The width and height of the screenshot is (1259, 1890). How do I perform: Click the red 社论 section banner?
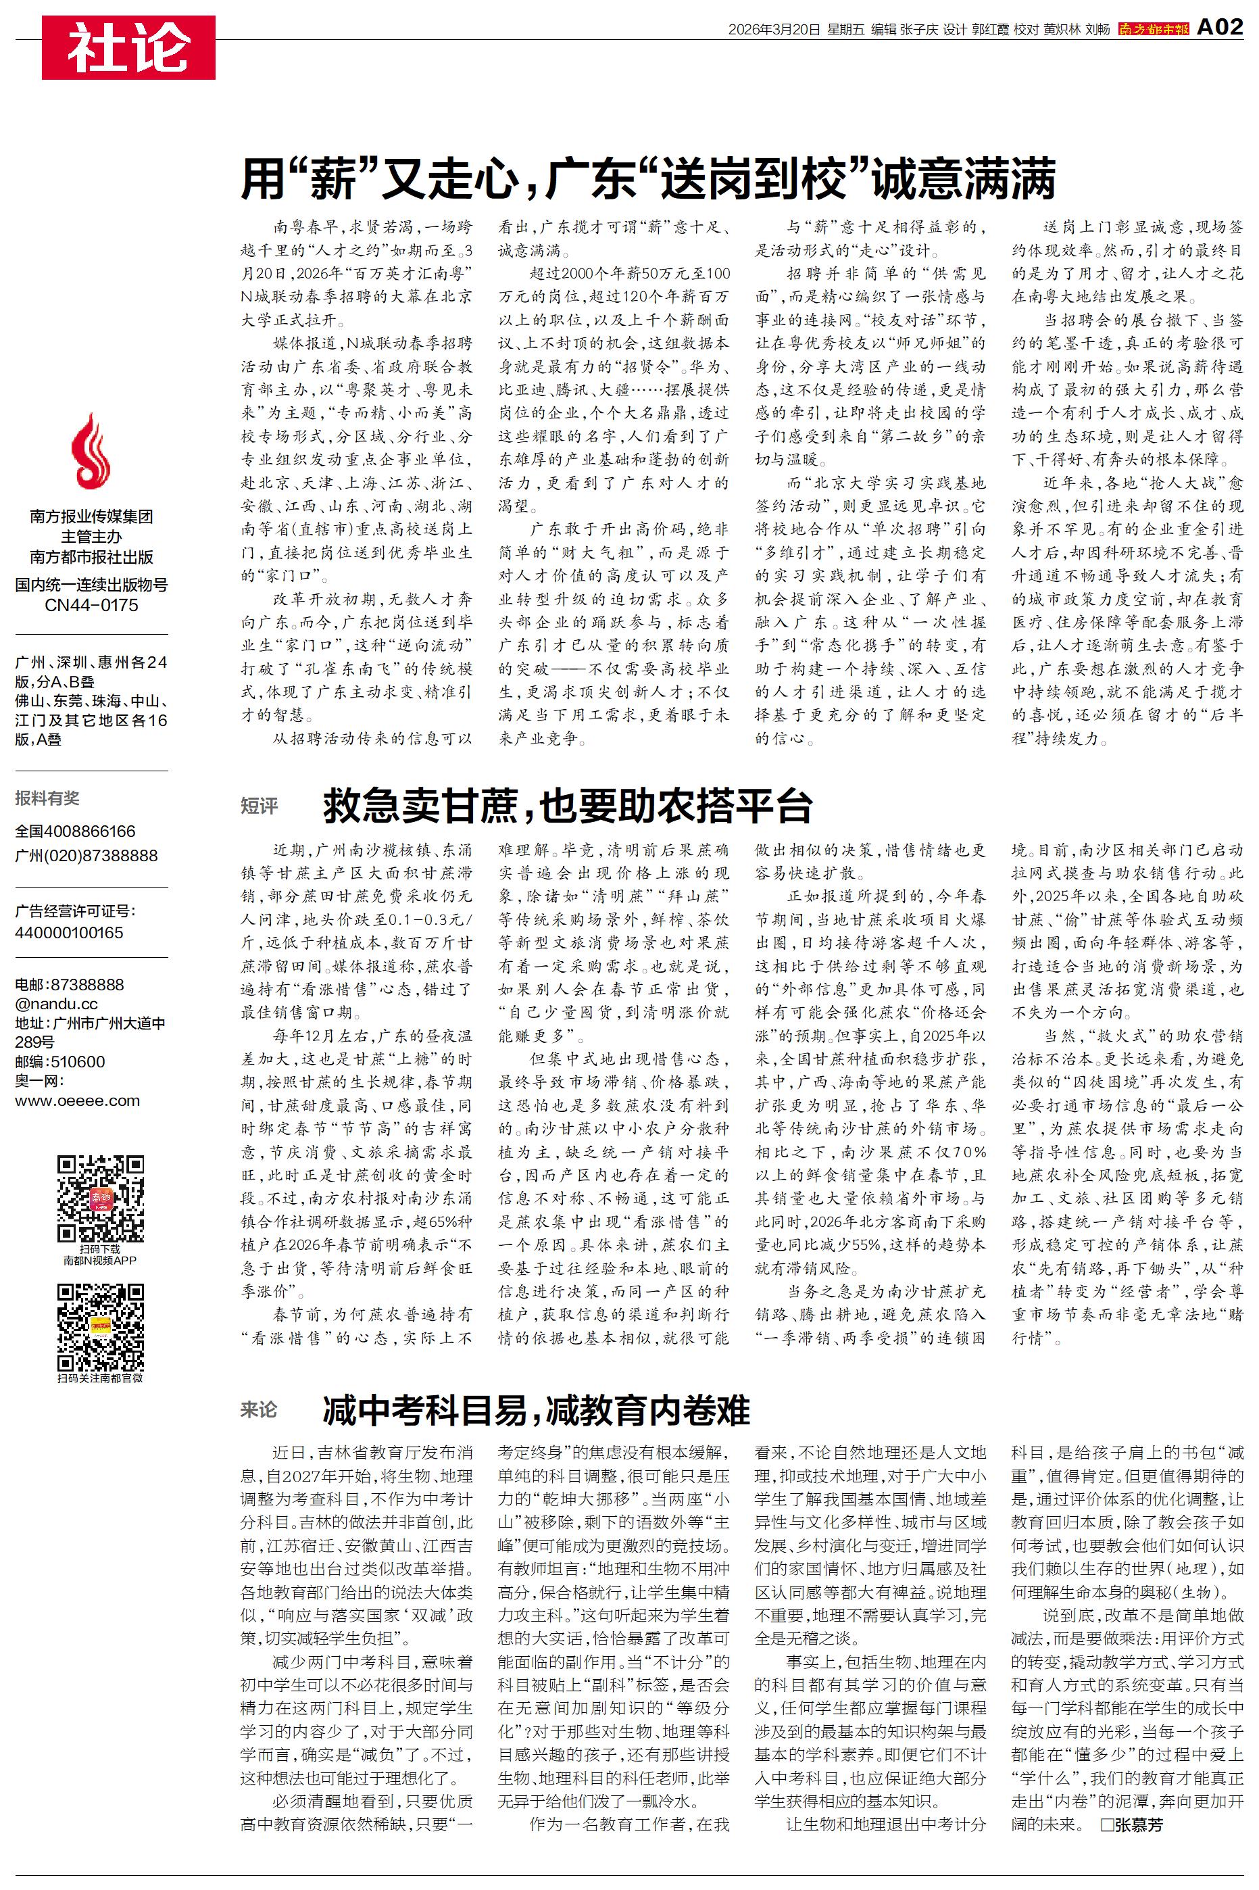(x=128, y=47)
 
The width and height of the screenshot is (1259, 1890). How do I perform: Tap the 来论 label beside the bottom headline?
(x=259, y=1409)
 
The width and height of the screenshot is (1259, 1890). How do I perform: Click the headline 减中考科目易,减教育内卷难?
(x=537, y=1410)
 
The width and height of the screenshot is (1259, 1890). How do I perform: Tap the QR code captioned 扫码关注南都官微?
(x=101, y=1326)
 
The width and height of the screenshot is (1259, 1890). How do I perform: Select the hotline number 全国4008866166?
(x=76, y=831)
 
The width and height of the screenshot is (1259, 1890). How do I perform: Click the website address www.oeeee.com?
(x=77, y=1100)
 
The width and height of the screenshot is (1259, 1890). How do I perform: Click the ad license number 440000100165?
(x=69, y=932)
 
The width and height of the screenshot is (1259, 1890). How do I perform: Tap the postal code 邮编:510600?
(x=60, y=1061)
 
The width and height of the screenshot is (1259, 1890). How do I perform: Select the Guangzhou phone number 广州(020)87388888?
(x=86, y=855)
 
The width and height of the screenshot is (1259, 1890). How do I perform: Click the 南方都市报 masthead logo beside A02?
(x=1153, y=30)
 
